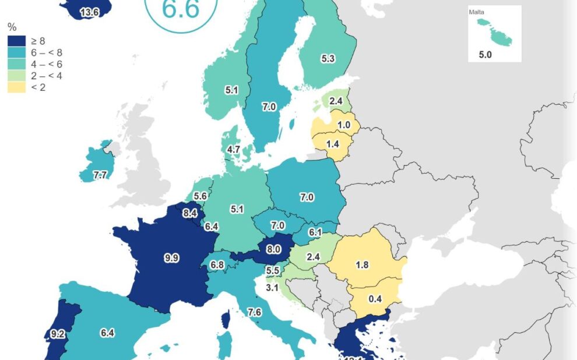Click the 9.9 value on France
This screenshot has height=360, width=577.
point(171,258)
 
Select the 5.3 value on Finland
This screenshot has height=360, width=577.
point(328,58)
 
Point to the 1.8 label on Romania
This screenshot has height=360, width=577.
point(361,265)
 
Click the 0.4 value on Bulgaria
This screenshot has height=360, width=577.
point(375,299)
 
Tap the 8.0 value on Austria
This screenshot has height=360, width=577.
point(274,249)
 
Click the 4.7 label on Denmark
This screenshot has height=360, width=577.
point(234,150)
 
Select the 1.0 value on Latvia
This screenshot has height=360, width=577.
point(344,125)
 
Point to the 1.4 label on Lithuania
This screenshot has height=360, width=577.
point(333,143)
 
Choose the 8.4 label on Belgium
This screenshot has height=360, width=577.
point(189,213)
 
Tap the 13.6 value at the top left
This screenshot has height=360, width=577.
point(89,12)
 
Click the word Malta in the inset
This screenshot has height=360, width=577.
point(476,12)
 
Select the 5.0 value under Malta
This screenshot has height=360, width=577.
point(485,54)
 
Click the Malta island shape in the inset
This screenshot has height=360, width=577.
point(494,32)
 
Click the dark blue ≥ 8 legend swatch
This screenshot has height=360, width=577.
point(16,41)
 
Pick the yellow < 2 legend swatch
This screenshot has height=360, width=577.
point(16,87)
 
